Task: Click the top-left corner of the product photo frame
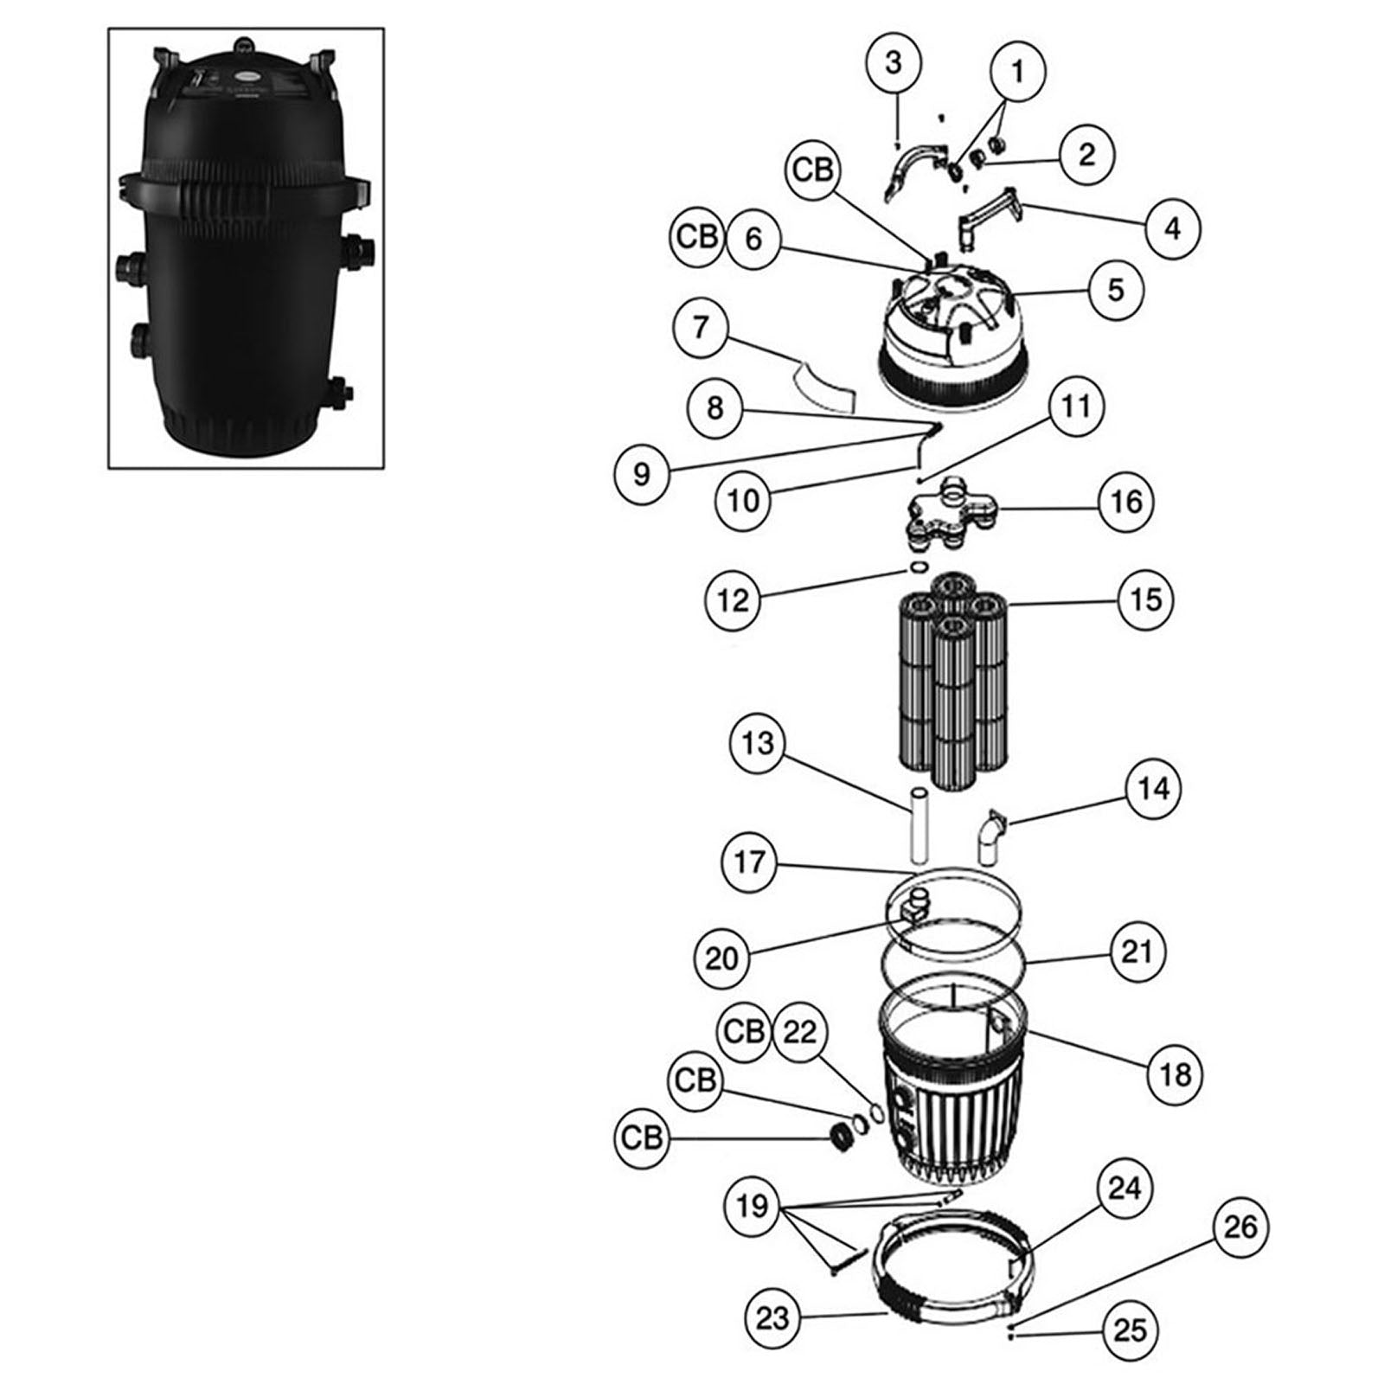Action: [108, 29]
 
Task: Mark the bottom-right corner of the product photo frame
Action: [384, 468]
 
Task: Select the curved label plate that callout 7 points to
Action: [825, 385]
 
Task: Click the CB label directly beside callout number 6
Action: [697, 237]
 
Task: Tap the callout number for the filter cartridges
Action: [1145, 599]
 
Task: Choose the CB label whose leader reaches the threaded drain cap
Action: [642, 1138]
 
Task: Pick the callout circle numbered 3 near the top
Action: [894, 62]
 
